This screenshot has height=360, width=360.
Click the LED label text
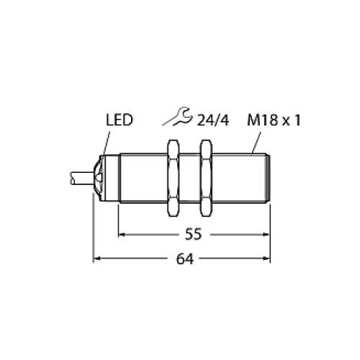118,120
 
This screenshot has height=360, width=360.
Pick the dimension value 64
183,259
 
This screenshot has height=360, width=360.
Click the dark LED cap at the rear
105,179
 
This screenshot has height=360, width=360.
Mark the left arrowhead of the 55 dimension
122,235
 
